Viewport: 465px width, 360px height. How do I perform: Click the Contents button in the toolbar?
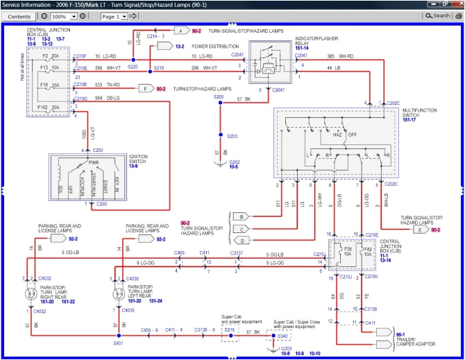point(19,15)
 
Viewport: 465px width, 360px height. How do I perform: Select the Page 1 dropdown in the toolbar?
point(118,15)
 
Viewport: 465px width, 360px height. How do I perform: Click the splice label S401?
point(119,343)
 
